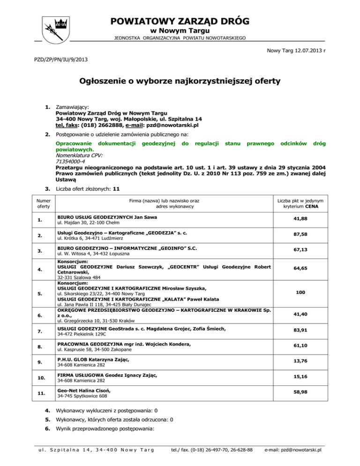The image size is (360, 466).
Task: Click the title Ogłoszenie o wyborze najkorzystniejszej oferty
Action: [x=180, y=81]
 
